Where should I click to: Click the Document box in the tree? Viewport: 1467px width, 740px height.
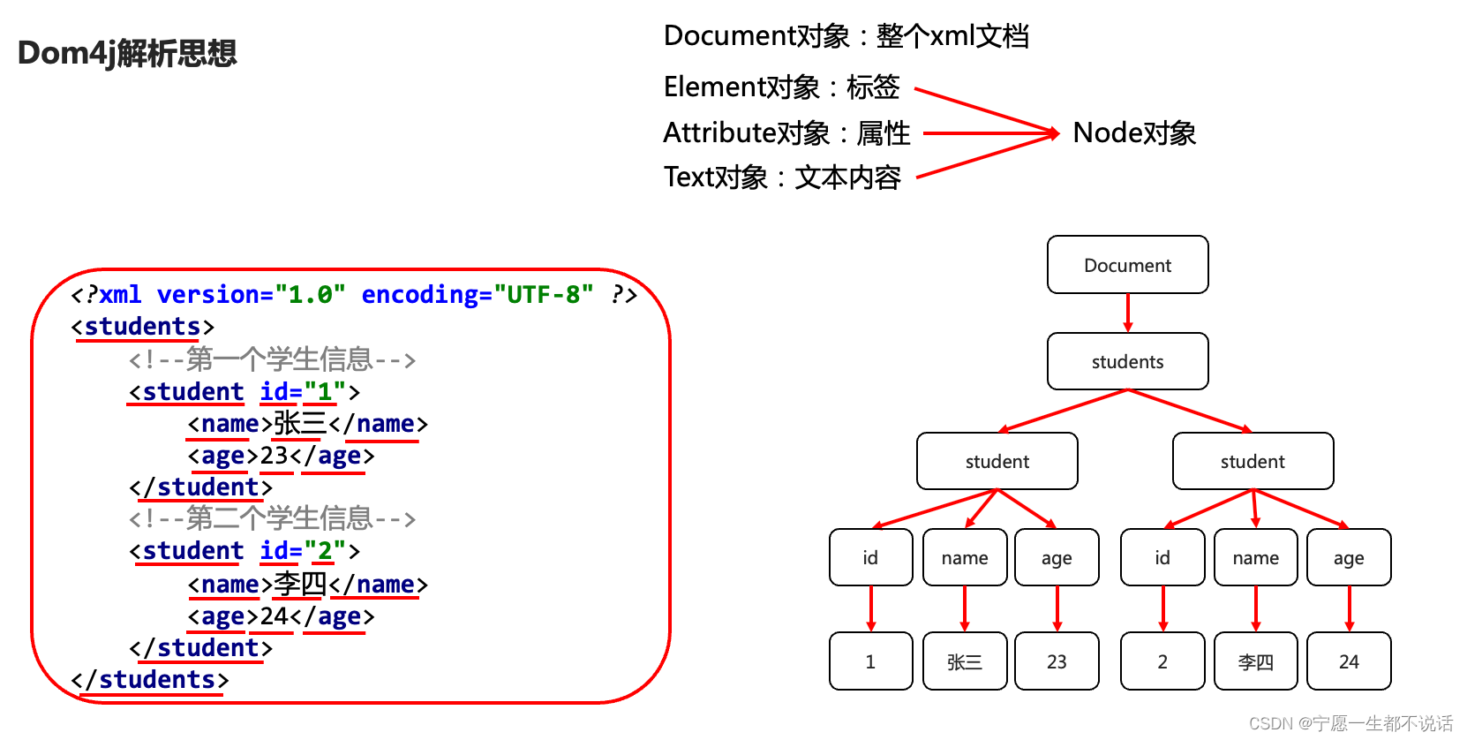(x=1127, y=265)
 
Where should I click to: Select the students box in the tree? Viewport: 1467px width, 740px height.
(x=1127, y=361)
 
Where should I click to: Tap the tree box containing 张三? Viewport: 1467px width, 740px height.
(x=964, y=661)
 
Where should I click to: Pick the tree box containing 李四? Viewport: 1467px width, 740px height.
(x=1255, y=661)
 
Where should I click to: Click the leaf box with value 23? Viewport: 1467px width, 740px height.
(x=1057, y=661)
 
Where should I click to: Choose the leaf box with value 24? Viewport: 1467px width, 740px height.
(x=1348, y=661)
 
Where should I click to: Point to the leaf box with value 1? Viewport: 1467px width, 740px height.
(x=870, y=661)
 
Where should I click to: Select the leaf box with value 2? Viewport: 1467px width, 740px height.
(x=1162, y=661)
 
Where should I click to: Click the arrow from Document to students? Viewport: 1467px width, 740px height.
(x=1127, y=313)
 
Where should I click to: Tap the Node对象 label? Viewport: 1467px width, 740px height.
(x=1134, y=133)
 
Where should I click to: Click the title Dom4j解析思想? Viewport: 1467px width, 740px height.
(x=127, y=53)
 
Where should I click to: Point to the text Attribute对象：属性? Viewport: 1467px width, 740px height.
(x=786, y=133)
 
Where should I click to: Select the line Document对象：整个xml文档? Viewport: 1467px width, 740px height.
(x=846, y=36)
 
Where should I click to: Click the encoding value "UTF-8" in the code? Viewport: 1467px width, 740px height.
(x=543, y=294)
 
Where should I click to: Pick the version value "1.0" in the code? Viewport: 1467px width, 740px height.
(x=309, y=294)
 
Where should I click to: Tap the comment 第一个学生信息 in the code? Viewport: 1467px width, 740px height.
(x=272, y=359)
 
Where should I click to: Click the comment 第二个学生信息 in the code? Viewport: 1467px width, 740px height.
(x=272, y=518)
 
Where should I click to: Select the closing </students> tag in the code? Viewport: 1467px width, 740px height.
(x=150, y=680)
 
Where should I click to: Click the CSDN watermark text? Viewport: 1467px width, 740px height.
(x=1350, y=723)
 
